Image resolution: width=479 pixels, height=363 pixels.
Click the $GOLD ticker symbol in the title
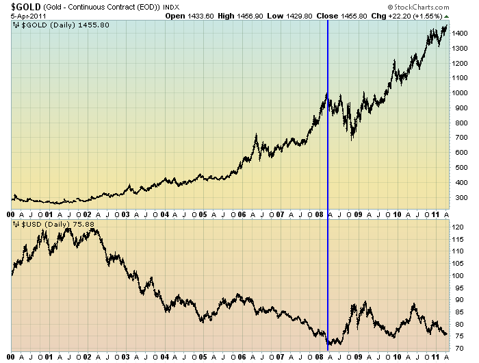click(x=21, y=5)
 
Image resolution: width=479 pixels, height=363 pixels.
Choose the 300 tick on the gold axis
click(x=460, y=197)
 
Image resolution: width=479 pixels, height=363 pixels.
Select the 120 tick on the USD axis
click(x=460, y=227)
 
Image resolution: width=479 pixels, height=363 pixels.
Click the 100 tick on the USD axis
click(x=460, y=275)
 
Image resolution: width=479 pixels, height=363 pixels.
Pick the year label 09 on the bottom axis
click(x=358, y=357)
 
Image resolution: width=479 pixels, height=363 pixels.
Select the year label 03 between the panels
click(x=126, y=214)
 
